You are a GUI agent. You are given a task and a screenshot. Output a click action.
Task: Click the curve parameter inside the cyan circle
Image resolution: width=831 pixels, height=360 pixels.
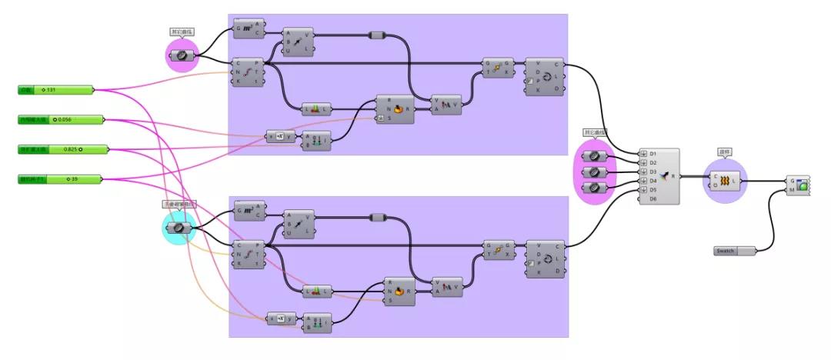coord(179,228)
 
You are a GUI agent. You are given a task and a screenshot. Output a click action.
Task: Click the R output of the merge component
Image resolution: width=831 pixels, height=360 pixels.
coord(674,176)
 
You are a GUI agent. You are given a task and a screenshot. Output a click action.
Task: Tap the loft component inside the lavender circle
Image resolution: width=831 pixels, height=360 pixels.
coord(726,181)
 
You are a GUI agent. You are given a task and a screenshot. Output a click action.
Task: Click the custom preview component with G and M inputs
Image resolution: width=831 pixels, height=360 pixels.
coord(801,185)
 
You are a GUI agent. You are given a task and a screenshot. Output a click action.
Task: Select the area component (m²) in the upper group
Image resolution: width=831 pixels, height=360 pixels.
coord(249,29)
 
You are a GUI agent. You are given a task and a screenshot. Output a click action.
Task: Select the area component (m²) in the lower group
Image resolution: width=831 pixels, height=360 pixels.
coord(249,210)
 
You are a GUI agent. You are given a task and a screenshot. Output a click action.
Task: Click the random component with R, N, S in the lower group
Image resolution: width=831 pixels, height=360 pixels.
coord(399,292)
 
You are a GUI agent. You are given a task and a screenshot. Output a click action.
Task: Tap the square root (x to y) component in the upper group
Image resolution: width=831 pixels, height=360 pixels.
coord(281,136)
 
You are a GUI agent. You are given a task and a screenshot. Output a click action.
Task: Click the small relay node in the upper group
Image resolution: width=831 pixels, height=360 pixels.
coord(377,34)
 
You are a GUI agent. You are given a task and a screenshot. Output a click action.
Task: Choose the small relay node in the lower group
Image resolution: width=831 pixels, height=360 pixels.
coord(377,216)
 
